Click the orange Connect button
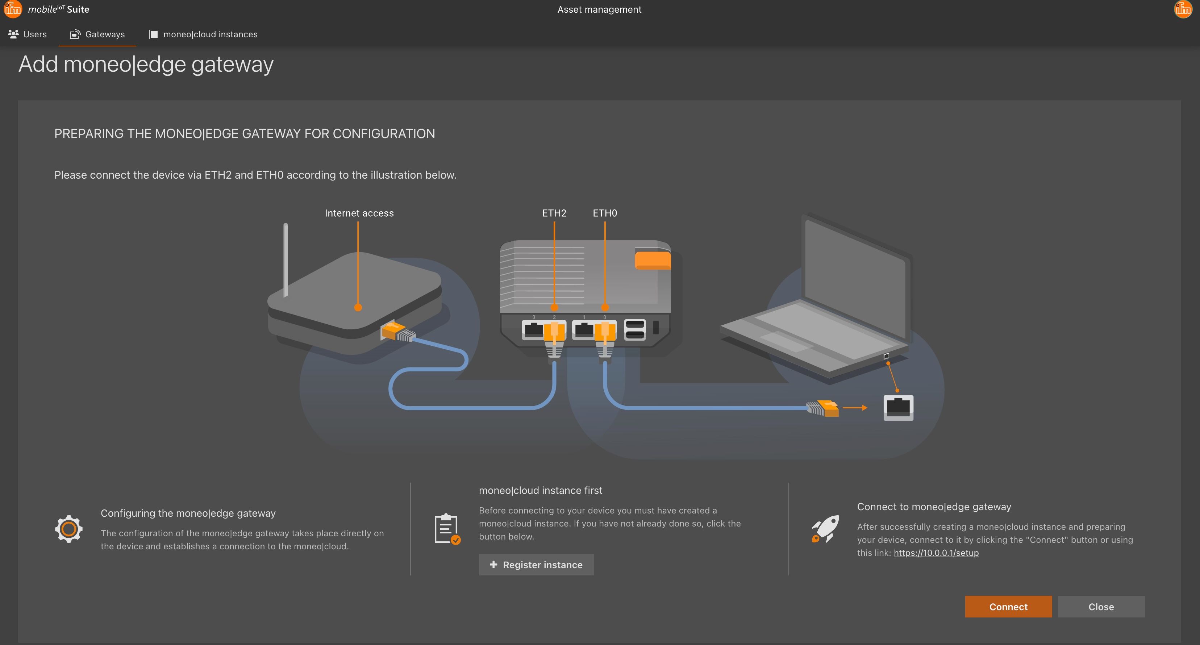tap(1008, 606)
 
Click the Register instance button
tap(536, 565)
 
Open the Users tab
tap(28, 34)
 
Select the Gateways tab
tap(97, 34)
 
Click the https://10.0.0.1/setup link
tap(936, 553)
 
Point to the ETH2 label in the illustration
tap(554, 213)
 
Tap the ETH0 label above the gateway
tap(605, 213)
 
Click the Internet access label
tap(359, 213)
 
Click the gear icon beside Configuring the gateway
tap(68, 529)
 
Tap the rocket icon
tap(825, 529)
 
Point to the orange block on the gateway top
tap(652, 260)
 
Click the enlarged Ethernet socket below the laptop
tap(898, 408)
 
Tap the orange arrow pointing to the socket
tap(855, 408)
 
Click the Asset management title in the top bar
tap(599, 9)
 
